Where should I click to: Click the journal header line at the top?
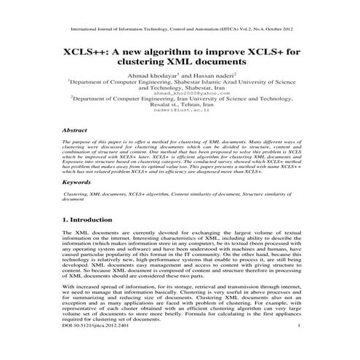180,31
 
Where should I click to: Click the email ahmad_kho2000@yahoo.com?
179,93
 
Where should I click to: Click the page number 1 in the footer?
300,348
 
